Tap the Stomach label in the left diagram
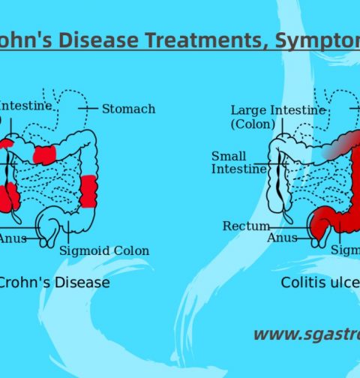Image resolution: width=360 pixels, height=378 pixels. pyautogui.click(x=128, y=109)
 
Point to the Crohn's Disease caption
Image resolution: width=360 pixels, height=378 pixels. pyautogui.click(x=54, y=283)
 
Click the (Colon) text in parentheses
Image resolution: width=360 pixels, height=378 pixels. pyautogui.click(x=253, y=124)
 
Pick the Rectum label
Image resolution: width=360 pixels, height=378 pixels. pyautogui.click(x=241, y=226)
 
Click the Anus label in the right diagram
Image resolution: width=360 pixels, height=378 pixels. pyautogui.click(x=282, y=238)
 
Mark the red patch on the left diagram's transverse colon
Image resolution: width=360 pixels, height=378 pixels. pyautogui.click(x=45, y=154)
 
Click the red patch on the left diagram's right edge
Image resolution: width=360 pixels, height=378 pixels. pyautogui.click(x=88, y=191)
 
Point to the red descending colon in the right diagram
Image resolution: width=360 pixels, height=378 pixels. pyautogui.click(x=349, y=180)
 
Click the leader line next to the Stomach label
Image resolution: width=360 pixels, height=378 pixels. pyautogui.click(x=89, y=109)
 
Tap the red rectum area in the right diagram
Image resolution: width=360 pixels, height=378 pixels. pyautogui.click(x=321, y=223)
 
